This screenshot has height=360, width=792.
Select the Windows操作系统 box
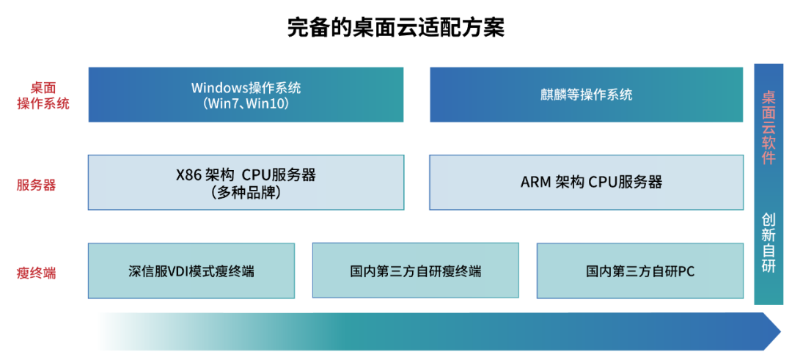[x=246, y=95]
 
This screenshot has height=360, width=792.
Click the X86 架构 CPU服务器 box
[x=246, y=183]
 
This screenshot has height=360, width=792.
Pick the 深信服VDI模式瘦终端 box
[x=191, y=271]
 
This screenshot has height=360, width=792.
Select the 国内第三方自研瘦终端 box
[x=416, y=271]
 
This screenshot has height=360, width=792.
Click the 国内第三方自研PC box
[x=640, y=271]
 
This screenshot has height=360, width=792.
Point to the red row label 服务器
[x=37, y=185]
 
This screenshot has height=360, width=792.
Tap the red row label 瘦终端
[x=37, y=273]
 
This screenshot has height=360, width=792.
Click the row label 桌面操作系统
[x=43, y=95]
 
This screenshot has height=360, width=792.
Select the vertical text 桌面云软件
[x=769, y=128]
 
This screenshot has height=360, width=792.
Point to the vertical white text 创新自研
[x=769, y=243]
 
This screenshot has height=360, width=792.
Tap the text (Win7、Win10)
[x=246, y=103]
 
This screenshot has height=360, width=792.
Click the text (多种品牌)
[x=246, y=192]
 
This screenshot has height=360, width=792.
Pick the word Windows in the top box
[x=217, y=87]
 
